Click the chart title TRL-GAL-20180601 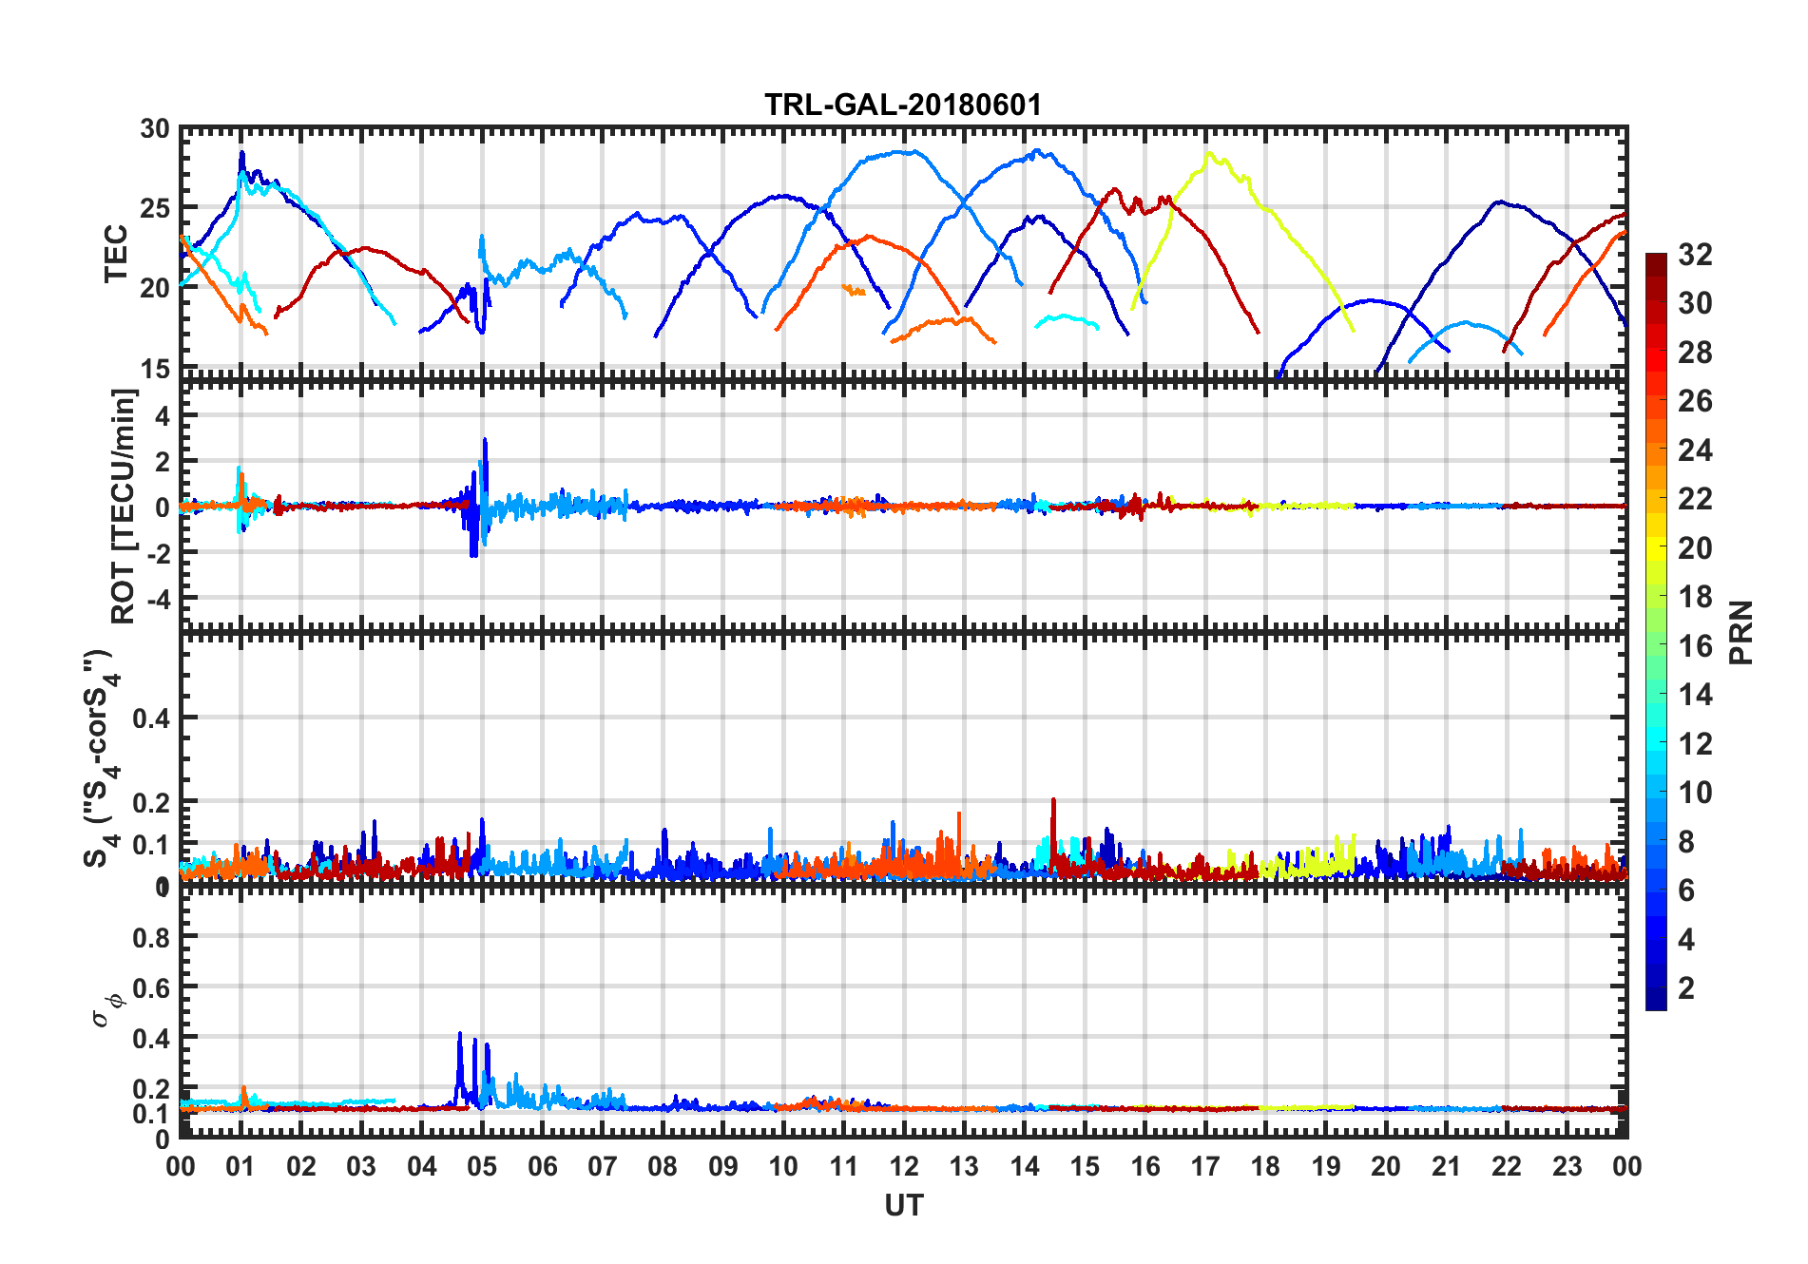click(903, 105)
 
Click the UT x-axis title click(903, 1205)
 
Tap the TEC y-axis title click(116, 253)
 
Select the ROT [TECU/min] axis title click(124, 506)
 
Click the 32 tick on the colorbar click(1695, 255)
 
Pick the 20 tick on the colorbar click(1695, 548)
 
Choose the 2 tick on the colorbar click(1687, 988)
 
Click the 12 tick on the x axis click(903, 1166)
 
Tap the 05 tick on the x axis click(482, 1166)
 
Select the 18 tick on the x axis click(1265, 1166)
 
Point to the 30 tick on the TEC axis click(155, 129)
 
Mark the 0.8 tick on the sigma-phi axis click(152, 937)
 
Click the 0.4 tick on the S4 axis click(152, 718)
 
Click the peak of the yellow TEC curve click(1208, 153)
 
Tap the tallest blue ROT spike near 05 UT click(485, 440)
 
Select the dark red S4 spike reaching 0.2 click(1053, 801)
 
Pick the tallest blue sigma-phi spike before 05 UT click(460, 1034)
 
